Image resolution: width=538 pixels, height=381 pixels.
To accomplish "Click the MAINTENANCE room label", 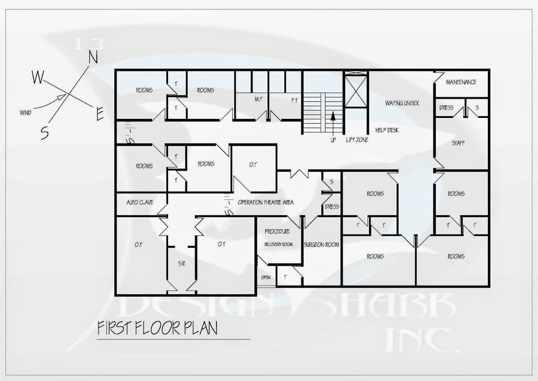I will [461, 82].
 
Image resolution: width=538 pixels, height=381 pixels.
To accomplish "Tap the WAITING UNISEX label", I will [402, 103].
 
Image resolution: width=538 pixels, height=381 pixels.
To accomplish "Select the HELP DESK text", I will [387, 130].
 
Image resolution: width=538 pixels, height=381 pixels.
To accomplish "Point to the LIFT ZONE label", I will [357, 140].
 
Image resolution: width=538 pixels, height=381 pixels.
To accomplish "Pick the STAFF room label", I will [458, 143].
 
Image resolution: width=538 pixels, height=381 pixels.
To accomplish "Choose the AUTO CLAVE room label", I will [140, 202].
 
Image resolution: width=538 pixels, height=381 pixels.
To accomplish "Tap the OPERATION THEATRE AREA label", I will [266, 202].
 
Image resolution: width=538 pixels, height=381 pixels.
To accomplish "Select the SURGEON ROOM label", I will [321, 245].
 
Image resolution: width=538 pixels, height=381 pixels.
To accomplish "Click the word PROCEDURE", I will [277, 231].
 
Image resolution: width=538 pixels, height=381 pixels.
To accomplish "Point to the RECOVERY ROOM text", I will [278, 244].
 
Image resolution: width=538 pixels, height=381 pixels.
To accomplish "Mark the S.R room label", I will [182, 264].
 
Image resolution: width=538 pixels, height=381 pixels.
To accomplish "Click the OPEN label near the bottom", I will [266, 278].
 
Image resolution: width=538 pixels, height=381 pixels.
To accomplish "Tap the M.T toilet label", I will [258, 99].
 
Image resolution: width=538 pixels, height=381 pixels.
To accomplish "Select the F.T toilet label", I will [295, 100].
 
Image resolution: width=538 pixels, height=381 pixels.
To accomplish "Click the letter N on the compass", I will [93, 57].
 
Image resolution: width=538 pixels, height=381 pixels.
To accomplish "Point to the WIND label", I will [26, 113].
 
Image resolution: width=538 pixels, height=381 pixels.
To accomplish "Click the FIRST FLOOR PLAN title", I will [157, 328].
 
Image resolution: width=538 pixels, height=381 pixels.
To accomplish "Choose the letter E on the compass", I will [100, 114].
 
